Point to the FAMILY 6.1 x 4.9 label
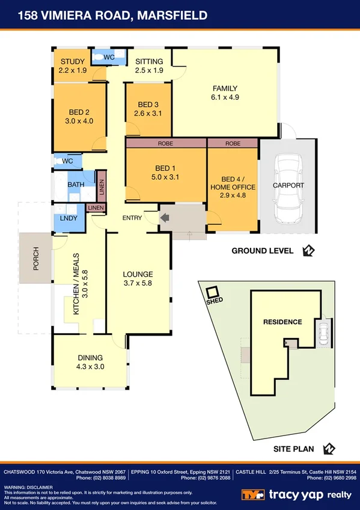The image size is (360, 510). [x=225, y=93]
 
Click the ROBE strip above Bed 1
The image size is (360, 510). [x=165, y=144]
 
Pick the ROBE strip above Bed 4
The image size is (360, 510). [x=233, y=144]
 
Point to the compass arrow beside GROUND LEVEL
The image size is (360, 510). [x=309, y=251]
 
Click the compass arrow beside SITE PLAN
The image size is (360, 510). [x=329, y=449]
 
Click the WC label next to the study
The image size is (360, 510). [x=109, y=57]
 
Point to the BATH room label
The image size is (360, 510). [x=76, y=185]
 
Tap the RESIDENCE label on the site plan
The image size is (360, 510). [x=282, y=322]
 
